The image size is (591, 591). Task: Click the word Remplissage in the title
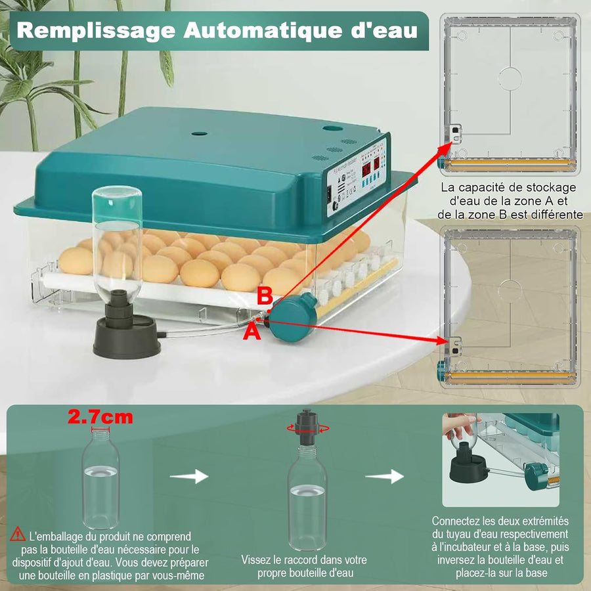(96, 31)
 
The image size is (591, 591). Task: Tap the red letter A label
(252, 332)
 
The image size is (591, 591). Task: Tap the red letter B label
(264, 297)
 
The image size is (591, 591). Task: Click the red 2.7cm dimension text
(100, 416)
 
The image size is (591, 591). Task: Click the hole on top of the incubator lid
(199, 133)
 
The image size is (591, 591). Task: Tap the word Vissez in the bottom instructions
(257, 559)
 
